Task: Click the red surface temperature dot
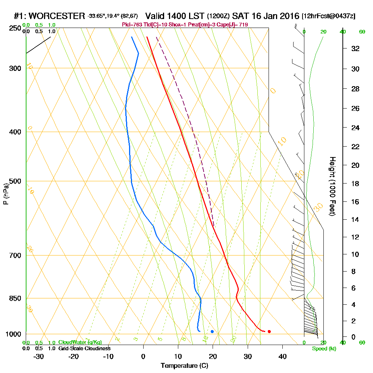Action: pos(269,331)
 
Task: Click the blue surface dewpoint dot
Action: pos(212,331)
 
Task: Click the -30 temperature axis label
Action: pos(39,356)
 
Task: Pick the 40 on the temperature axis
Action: pos(282,356)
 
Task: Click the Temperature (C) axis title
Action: pos(184,366)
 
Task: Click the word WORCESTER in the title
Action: pos(57,16)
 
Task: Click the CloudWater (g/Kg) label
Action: pos(80,342)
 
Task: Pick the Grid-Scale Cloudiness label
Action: pos(84,348)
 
